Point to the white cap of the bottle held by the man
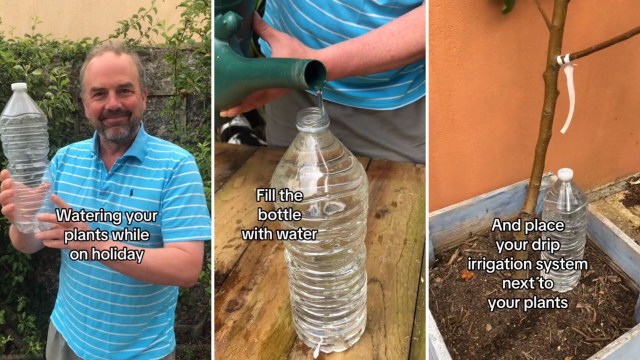click(19, 88)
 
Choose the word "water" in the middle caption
click(295, 234)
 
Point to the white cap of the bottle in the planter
click(565, 174)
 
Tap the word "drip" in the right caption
click(565, 245)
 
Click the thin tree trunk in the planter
click(545, 110)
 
